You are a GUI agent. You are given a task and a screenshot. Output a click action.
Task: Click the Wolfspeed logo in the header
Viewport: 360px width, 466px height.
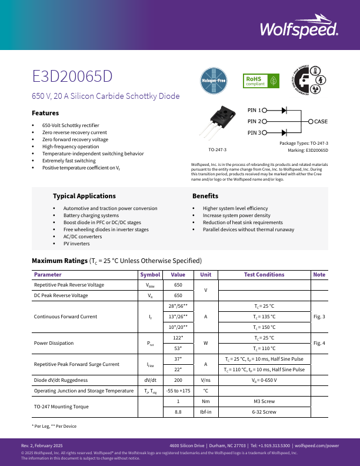tap(298, 29)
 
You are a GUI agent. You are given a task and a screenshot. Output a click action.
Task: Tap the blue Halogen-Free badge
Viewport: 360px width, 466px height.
tap(214, 82)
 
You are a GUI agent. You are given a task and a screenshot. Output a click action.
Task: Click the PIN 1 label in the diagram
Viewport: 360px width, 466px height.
tap(254, 110)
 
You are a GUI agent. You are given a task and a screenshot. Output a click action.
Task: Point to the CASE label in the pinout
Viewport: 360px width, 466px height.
tap(321, 121)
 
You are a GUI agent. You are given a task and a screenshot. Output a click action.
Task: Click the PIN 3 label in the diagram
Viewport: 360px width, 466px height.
tap(254, 132)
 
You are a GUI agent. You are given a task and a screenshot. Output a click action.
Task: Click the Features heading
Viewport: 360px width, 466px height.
tap(45, 112)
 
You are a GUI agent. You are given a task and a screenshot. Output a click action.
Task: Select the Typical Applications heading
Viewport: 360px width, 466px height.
tap(84, 196)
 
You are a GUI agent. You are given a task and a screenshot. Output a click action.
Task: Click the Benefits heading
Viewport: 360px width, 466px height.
tap(205, 196)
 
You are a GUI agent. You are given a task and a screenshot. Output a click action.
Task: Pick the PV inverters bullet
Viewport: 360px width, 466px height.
tap(76, 243)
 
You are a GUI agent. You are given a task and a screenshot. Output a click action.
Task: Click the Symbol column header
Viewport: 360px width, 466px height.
tap(150, 274)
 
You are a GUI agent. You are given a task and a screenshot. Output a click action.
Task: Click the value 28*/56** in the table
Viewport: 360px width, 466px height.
tap(178, 306)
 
